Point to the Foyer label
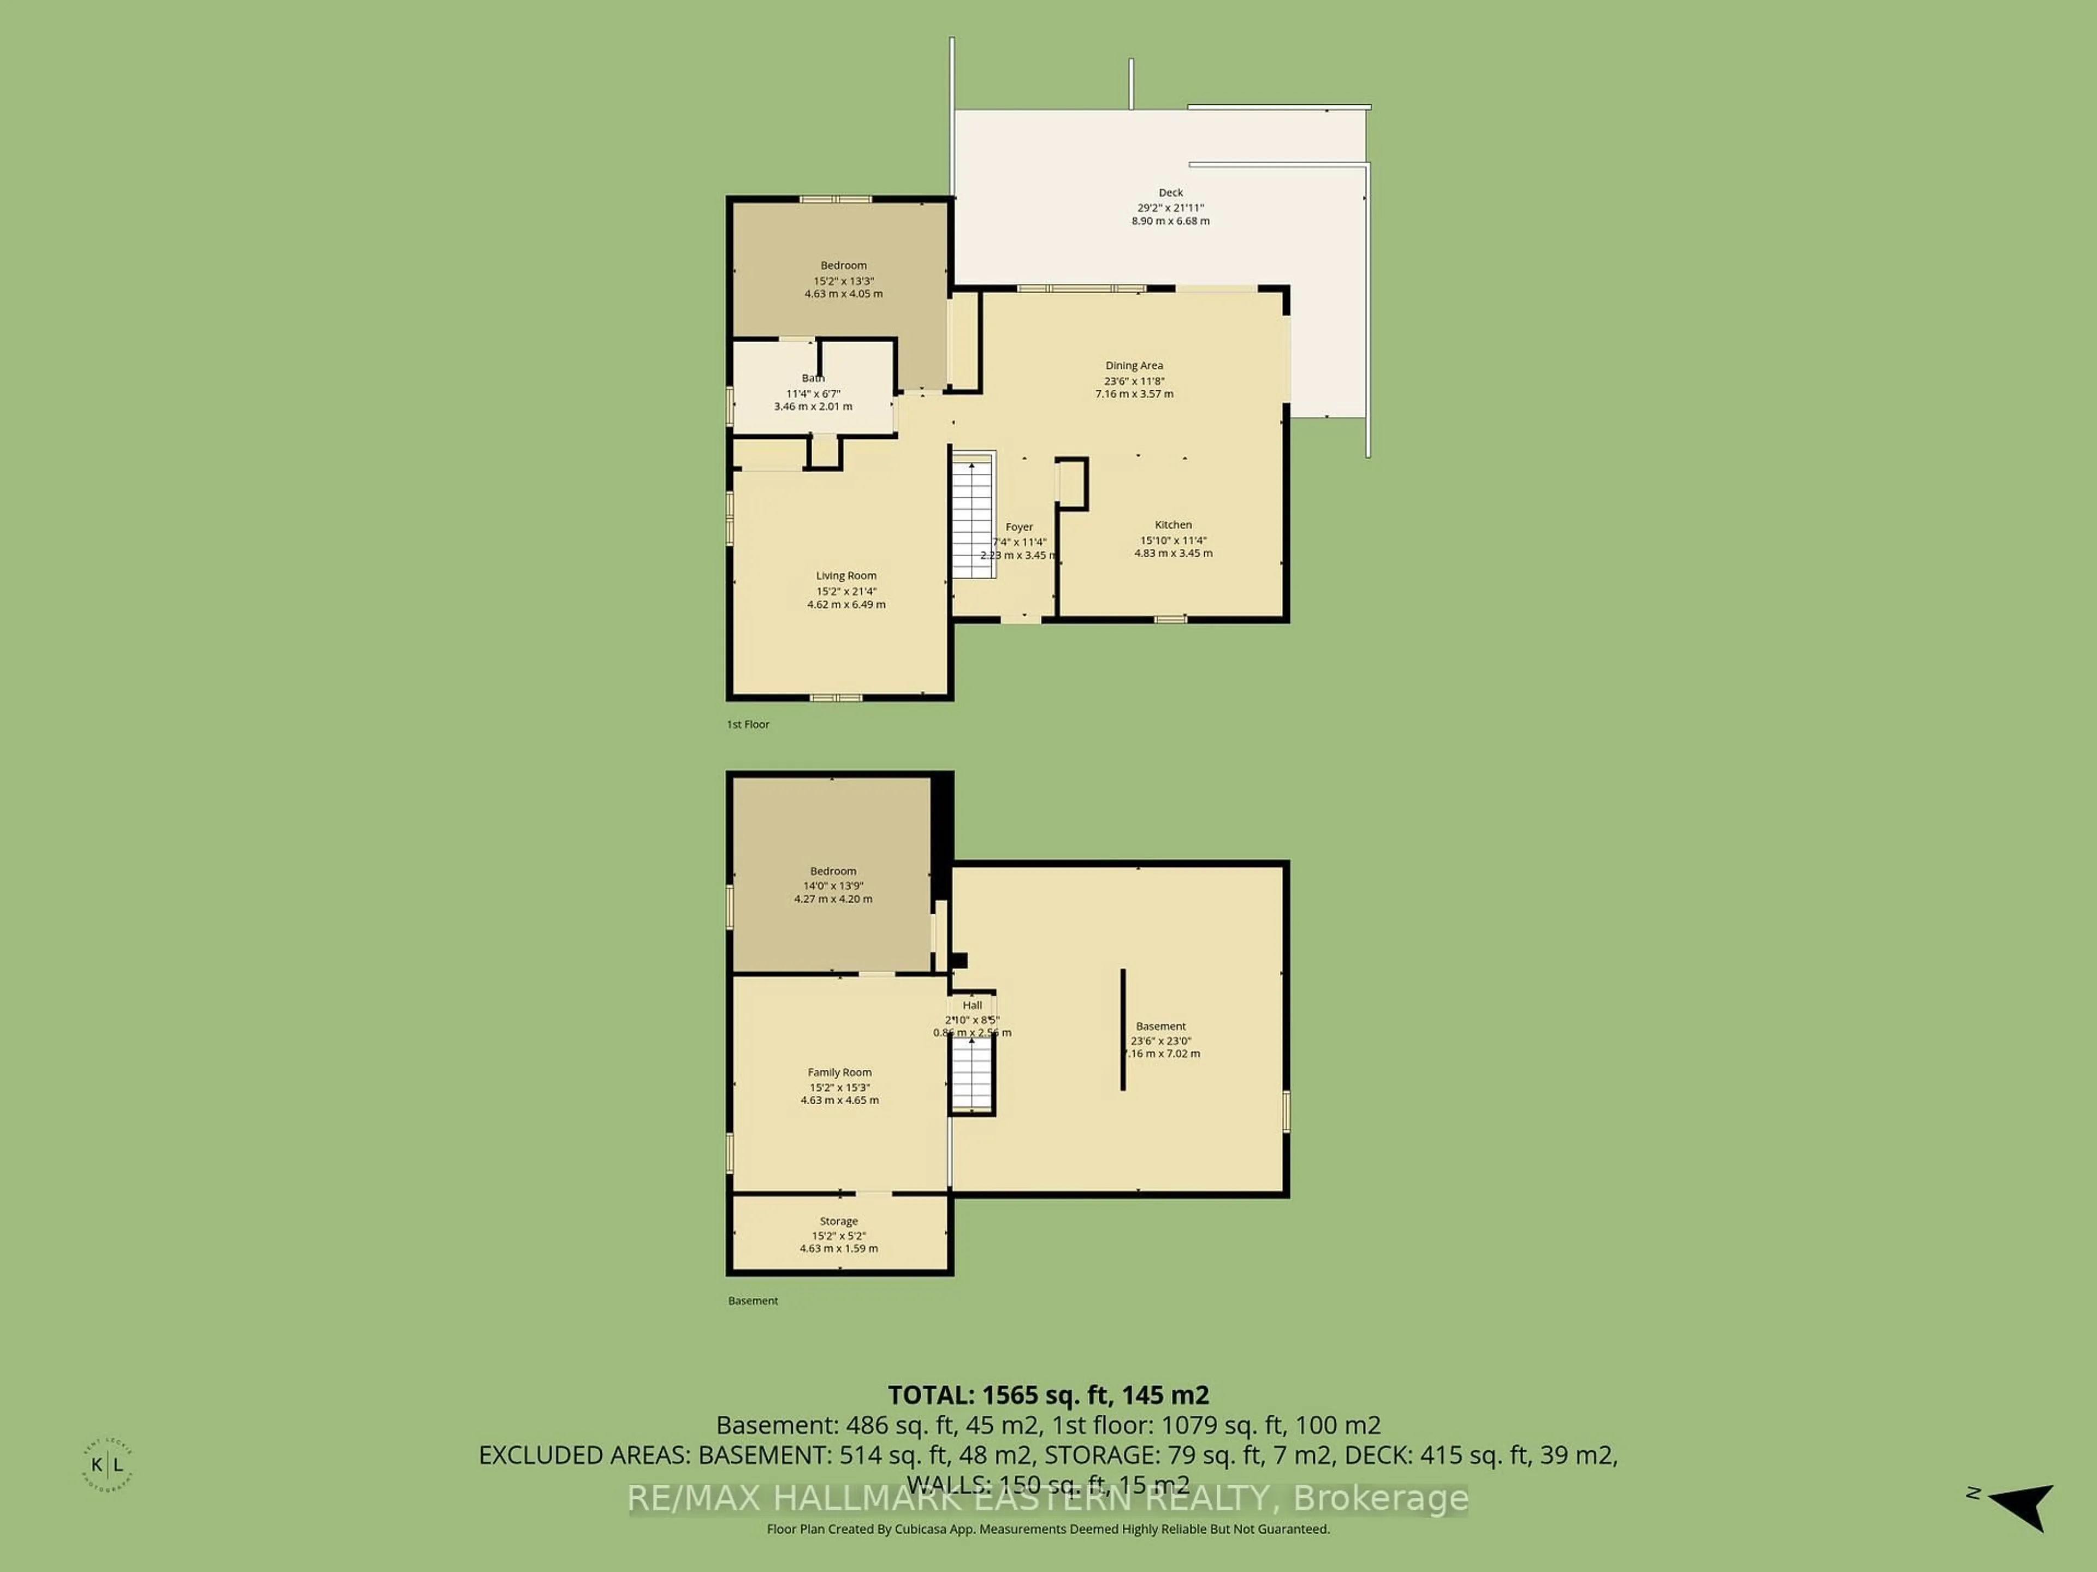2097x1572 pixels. tap(1019, 527)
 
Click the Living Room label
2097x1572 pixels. tap(845, 576)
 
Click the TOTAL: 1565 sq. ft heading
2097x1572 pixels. tap(1047, 1395)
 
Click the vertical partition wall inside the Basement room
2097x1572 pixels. tap(1122, 1029)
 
